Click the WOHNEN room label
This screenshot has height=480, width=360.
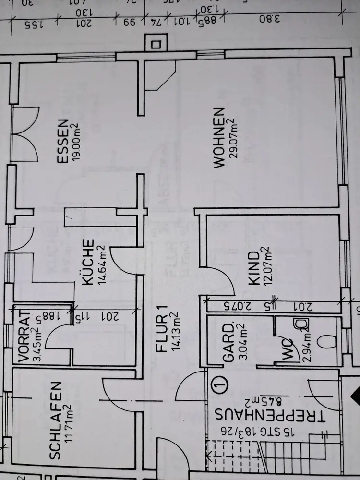pos(218,137)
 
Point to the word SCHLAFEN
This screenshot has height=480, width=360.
pos(56,420)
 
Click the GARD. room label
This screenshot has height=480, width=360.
pos(228,342)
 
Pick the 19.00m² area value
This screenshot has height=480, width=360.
pos(75,142)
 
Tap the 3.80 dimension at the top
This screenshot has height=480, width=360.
pos(267,20)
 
